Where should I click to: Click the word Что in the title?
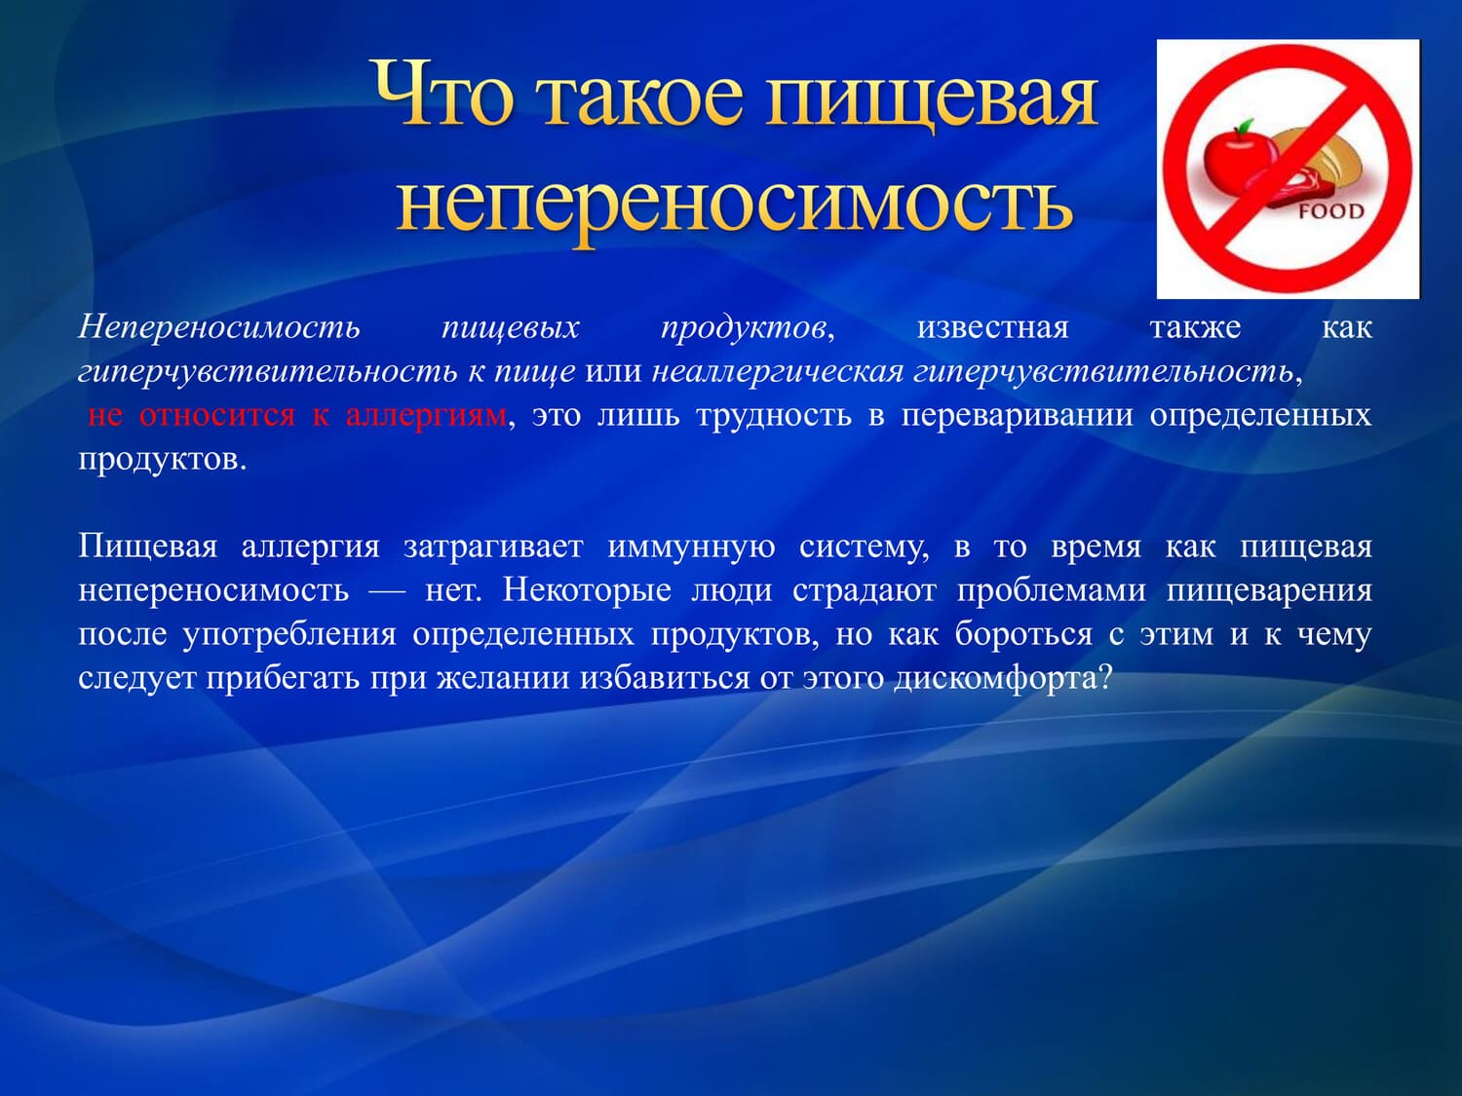click(444, 94)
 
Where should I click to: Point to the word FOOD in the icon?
click(1330, 211)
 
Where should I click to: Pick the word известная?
click(992, 327)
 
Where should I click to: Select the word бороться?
click(1023, 635)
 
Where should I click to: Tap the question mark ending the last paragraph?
click(1103, 677)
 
